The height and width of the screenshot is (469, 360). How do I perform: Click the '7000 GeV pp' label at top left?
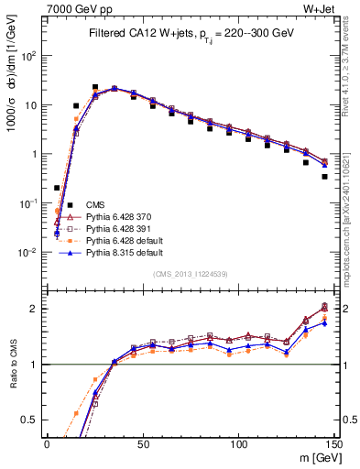pos(75,8)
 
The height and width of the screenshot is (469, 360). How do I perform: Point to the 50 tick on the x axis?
pos(143,443)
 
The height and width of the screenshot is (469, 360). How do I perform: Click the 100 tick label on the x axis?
pos(238,443)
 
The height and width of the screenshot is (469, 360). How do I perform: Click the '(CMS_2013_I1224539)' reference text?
pos(191,273)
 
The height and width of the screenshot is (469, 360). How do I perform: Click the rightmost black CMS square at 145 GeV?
pos(324,177)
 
